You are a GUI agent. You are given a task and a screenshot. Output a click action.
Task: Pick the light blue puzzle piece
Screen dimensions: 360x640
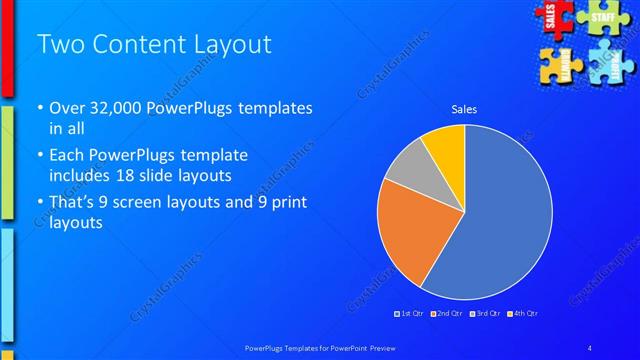click(610, 62)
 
